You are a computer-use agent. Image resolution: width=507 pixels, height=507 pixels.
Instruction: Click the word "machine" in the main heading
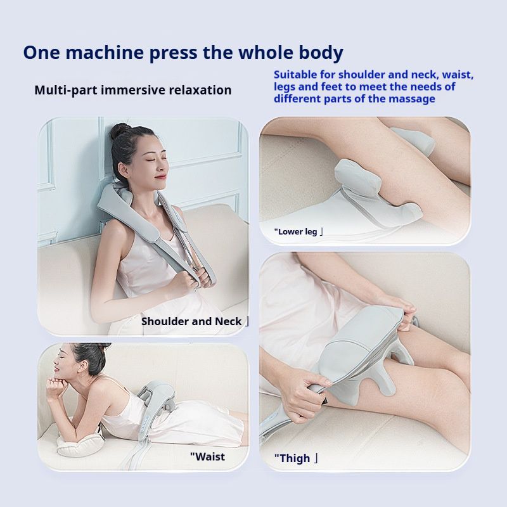(105, 53)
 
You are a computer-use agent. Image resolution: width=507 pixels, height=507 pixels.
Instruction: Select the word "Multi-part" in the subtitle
(66, 90)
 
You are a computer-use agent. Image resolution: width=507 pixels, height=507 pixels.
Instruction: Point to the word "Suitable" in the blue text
(295, 75)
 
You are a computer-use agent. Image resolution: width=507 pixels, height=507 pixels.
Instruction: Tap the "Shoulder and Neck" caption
(191, 321)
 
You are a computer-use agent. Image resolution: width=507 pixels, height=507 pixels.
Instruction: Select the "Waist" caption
(207, 456)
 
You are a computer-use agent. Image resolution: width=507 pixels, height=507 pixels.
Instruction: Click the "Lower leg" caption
(295, 231)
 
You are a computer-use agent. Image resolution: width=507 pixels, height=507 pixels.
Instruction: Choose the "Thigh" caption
(292, 458)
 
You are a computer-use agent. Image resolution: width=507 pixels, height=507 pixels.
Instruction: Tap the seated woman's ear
(123, 170)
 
